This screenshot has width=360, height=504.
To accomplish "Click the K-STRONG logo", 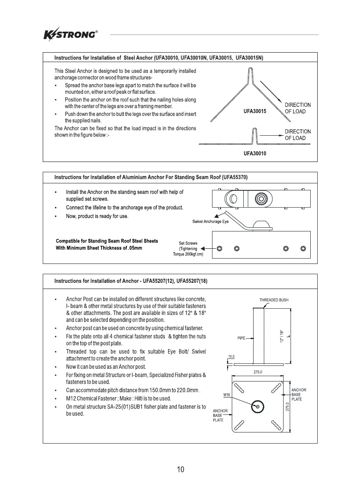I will [x=70, y=34].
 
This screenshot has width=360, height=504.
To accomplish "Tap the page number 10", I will [x=180, y=469].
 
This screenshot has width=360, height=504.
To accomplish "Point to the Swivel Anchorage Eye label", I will [x=210, y=222].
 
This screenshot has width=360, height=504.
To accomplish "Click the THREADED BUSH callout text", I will [x=274, y=300].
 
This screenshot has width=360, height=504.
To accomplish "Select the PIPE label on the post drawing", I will [x=241, y=338].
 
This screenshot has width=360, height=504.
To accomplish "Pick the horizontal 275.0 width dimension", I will [x=258, y=372].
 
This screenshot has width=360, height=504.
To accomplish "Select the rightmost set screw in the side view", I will [x=303, y=248].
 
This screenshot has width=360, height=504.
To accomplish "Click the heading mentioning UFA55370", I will [x=151, y=177].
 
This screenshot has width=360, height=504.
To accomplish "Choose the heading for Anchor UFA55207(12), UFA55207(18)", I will [x=134, y=281].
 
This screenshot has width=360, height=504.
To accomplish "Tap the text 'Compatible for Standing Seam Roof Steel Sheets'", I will [x=107, y=241].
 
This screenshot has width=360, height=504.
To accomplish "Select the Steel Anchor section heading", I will [x=159, y=58].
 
